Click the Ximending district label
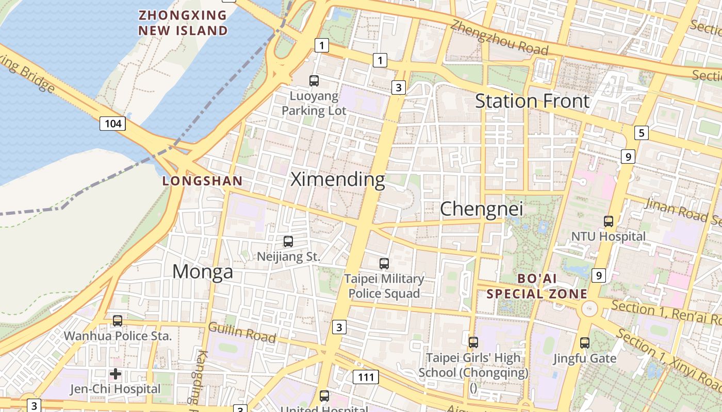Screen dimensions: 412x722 [338, 180]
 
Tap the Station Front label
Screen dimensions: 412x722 [532, 101]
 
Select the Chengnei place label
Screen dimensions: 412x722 [481, 209]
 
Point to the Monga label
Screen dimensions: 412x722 [202, 271]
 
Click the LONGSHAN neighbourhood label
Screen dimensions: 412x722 [202, 181]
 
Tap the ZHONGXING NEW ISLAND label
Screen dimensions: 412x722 [183, 23]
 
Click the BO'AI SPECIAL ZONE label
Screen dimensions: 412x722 [537, 287]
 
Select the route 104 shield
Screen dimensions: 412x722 [113, 124]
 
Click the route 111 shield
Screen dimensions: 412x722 [366, 377]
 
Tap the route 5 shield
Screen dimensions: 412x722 [641, 133]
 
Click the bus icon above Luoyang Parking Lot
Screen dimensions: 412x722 [314, 80]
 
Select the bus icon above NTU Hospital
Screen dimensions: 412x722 [609, 221]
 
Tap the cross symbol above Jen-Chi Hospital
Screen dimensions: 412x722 [116, 373]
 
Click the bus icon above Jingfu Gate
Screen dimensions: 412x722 [585, 342]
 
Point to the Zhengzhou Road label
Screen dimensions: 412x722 [499, 38]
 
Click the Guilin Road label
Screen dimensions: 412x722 [242, 332]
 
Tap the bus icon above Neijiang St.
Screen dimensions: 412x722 [288, 241]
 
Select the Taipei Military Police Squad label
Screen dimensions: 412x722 [384, 286]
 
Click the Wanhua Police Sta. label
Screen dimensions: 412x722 [117, 336]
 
